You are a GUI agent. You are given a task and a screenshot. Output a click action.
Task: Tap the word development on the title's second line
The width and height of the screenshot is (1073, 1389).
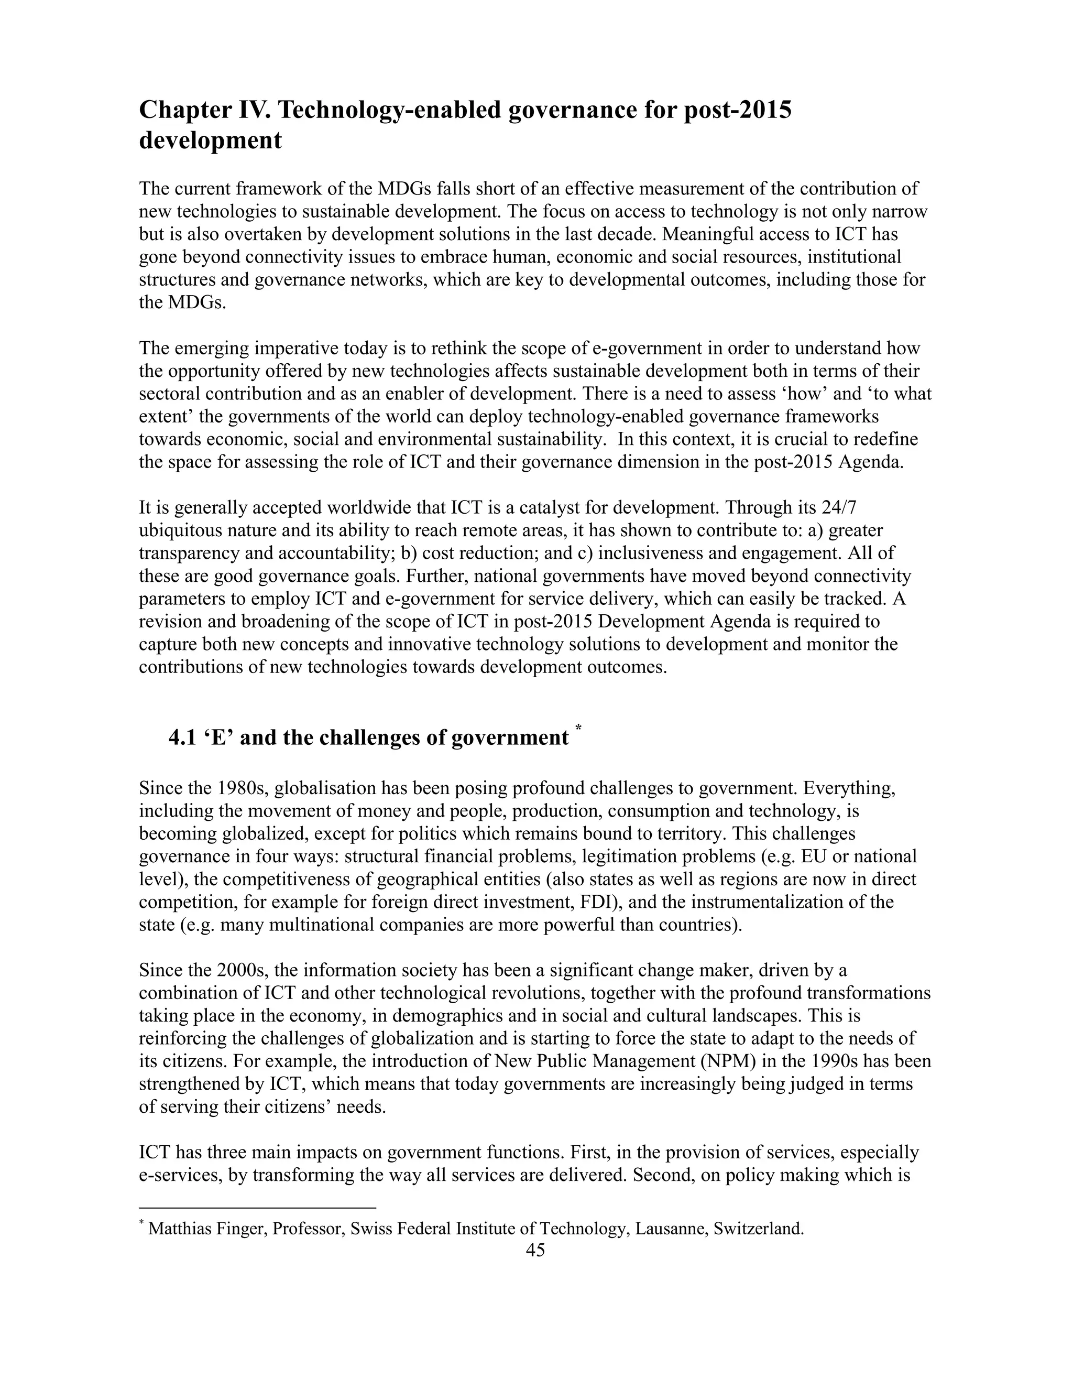pyautogui.click(x=210, y=140)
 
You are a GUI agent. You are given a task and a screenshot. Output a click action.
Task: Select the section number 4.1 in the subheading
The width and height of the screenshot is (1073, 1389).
pyautogui.click(x=182, y=738)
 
